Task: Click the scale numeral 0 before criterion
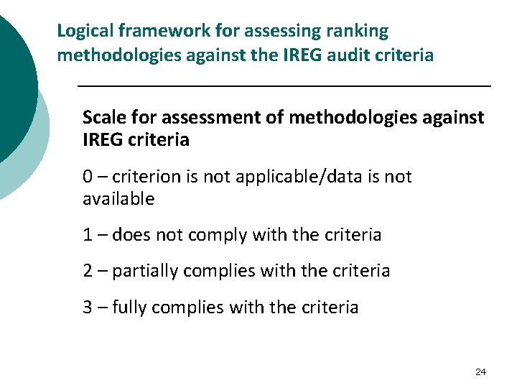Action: (88, 177)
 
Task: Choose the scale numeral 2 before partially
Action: (88, 271)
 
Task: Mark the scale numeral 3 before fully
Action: (88, 308)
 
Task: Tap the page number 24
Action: (480, 371)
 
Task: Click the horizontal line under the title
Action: (284, 86)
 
